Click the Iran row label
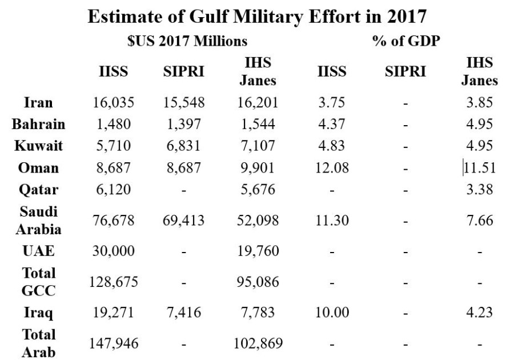coord(39,103)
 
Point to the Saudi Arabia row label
coord(39,220)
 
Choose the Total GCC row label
coord(39,281)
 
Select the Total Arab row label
coord(39,342)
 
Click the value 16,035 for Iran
coord(113,103)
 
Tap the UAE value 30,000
coord(113,251)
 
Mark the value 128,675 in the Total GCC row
coord(113,282)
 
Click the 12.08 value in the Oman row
coord(332,168)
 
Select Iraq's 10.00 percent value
coord(332,313)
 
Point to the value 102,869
coord(255,343)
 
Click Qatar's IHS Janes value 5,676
coord(255,190)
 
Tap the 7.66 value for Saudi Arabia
coord(479,220)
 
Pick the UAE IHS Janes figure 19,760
coord(255,251)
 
